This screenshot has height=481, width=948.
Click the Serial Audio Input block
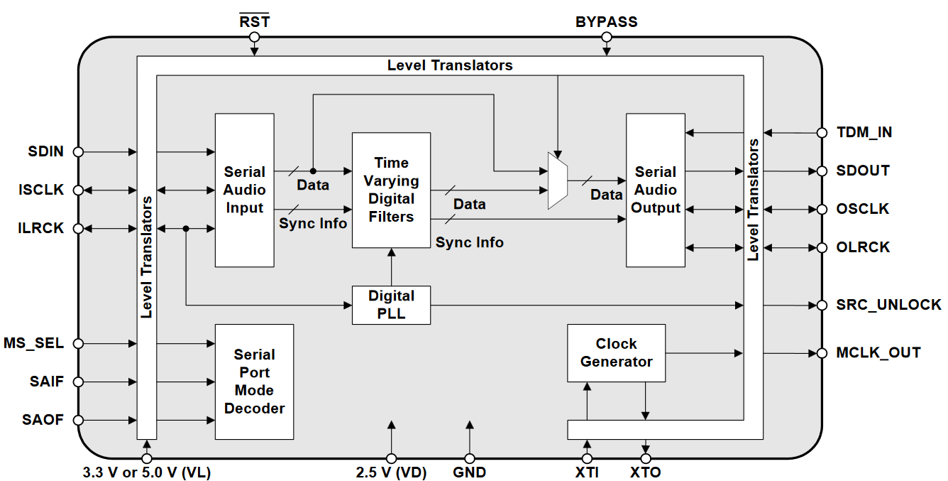[244, 190]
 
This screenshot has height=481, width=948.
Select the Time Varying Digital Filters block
[391, 190]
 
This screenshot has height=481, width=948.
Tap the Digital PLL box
[391, 305]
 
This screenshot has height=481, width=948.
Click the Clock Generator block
[616, 352]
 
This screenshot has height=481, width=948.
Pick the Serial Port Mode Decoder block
[254, 382]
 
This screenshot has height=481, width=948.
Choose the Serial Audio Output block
[655, 190]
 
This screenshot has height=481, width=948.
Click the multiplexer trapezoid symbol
[558, 180]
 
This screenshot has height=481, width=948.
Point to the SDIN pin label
[46, 151]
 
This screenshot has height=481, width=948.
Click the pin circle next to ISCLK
[78, 190]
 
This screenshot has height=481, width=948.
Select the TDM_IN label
[864, 132]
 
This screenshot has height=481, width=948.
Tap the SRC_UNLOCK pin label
[888, 305]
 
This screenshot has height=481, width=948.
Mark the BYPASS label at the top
[606, 22]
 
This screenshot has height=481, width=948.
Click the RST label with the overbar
[254, 22]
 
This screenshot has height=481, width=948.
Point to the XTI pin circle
[587, 459]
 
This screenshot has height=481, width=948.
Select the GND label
[469, 472]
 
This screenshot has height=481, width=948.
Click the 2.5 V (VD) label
[391, 472]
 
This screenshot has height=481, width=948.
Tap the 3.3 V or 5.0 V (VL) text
[147, 472]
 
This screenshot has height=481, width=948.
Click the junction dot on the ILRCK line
[186, 229]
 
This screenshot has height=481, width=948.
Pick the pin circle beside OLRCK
[822, 247]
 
